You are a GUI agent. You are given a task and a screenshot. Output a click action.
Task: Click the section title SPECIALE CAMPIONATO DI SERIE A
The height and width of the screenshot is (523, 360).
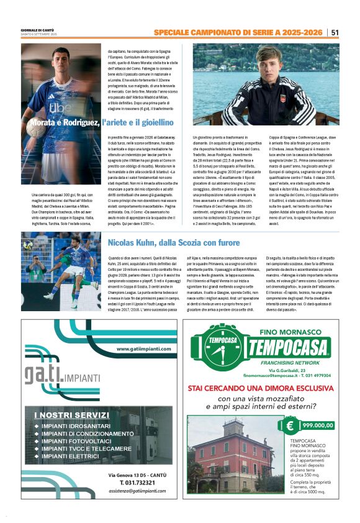point(239,32)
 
